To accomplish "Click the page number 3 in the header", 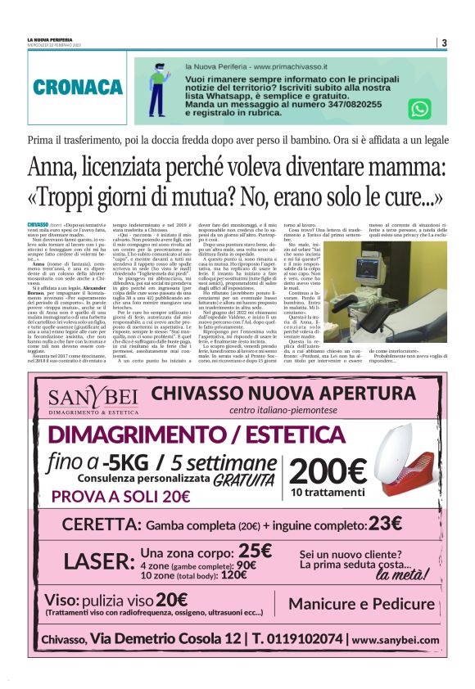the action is pos(444,43).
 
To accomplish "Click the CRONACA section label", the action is pos(79,88).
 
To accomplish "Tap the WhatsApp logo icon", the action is pos(420,109).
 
